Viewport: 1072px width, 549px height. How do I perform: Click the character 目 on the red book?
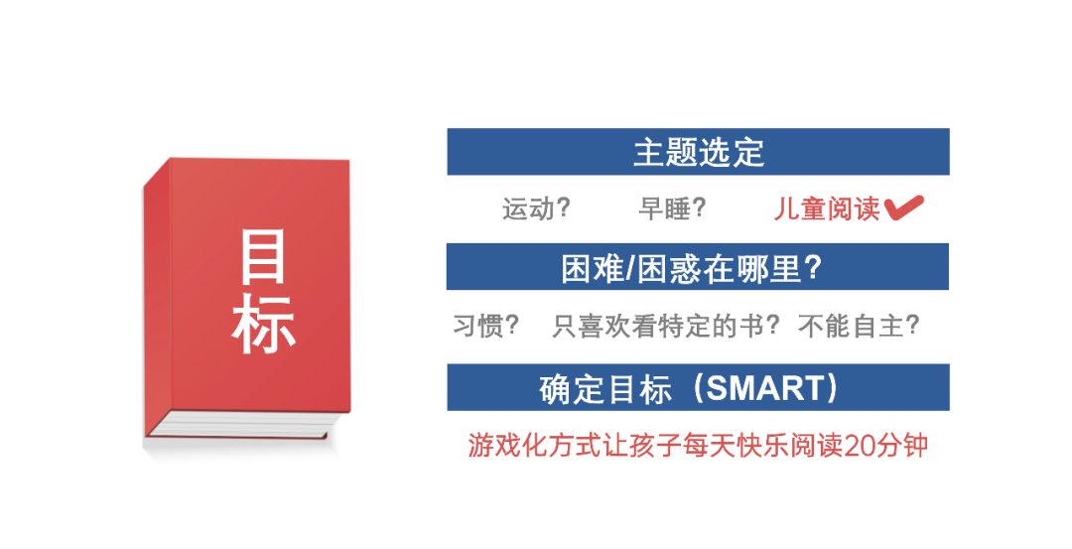[262, 257]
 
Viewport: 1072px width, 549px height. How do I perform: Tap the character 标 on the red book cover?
[262, 325]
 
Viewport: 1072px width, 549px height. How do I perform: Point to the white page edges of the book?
[239, 425]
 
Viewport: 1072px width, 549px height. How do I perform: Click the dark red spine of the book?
[157, 301]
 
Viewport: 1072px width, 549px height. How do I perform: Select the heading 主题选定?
[698, 152]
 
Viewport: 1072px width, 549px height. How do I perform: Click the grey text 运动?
[536, 208]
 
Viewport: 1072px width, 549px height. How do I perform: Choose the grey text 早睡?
[671, 208]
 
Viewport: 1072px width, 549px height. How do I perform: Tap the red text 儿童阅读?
[827, 208]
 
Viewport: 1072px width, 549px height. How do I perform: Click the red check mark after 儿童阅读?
[904, 207]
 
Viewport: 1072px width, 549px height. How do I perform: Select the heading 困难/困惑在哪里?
[691, 268]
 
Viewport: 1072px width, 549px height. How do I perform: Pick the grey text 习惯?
[486, 326]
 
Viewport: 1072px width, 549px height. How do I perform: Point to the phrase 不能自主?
[859, 326]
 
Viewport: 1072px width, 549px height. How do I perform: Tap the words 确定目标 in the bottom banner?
[605, 389]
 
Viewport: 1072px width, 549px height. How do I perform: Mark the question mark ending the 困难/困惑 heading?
[813, 267]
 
